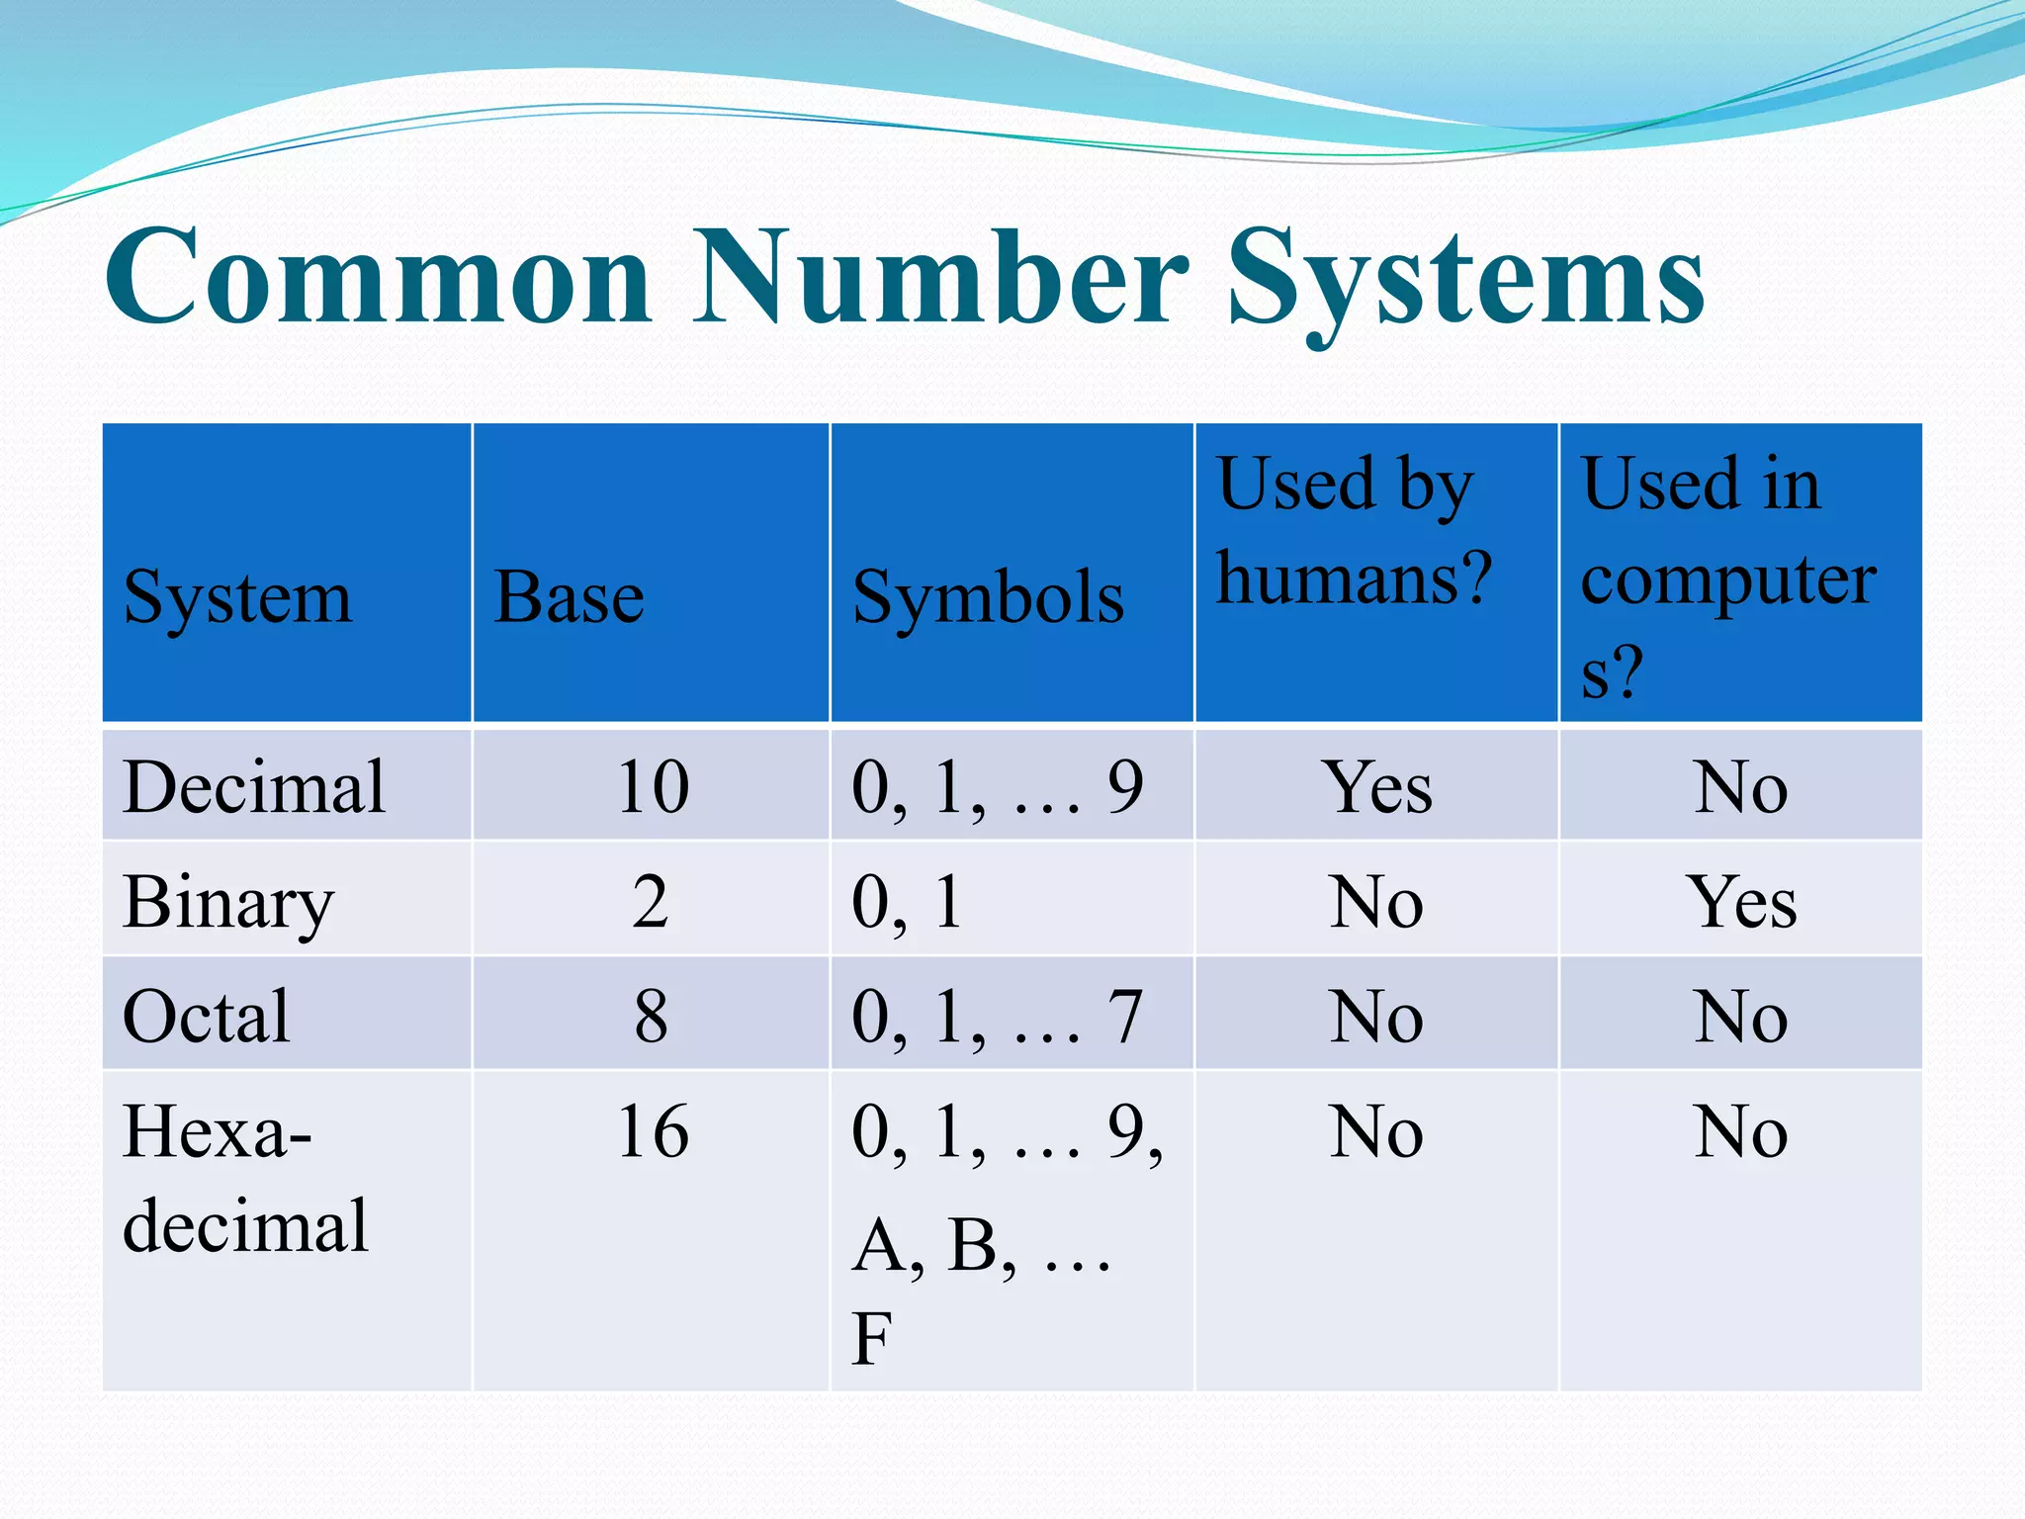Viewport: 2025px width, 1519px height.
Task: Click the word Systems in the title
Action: click(1465, 279)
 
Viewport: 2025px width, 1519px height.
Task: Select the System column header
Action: click(237, 597)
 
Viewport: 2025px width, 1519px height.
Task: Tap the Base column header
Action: click(569, 597)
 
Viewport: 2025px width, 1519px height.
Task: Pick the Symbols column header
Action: click(988, 597)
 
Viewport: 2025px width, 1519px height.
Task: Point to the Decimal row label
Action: click(254, 787)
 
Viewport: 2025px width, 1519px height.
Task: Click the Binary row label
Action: click(228, 902)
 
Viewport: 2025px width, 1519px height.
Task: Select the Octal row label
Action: click(207, 1017)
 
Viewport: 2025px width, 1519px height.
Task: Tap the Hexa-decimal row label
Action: click(244, 1177)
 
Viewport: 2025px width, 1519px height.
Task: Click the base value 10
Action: click(653, 787)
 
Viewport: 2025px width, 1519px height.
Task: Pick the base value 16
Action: click(653, 1131)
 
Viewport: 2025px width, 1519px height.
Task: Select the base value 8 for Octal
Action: click(651, 1017)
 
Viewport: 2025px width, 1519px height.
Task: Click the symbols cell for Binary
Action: click(907, 902)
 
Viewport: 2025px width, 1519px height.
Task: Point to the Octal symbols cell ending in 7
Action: click(997, 1017)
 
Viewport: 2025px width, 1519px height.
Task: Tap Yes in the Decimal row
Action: click(1377, 787)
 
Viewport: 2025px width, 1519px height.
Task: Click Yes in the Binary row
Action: click(1741, 902)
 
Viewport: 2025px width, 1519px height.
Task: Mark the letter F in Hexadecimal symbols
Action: click(872, 1339)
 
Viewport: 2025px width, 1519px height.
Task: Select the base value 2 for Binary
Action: click(651, 902)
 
